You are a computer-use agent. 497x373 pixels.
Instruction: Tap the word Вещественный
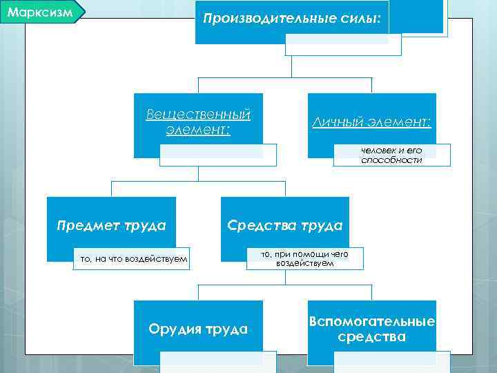[x=198, y=113]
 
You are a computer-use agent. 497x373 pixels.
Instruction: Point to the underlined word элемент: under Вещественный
[x=198, y=129]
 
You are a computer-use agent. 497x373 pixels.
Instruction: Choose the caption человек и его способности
[x=391, y=155]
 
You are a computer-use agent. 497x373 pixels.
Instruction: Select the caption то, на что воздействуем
[x=134, y=259]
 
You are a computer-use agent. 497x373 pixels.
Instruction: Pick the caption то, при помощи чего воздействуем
[x=304, y=259]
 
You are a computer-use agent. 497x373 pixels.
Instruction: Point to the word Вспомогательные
[x=372, y=322]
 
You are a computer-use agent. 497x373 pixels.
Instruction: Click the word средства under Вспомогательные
[x=372, y=338]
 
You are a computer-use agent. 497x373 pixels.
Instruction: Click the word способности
[x=391, y=160]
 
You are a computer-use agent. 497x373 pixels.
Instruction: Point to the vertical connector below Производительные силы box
[x=292, y=66]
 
